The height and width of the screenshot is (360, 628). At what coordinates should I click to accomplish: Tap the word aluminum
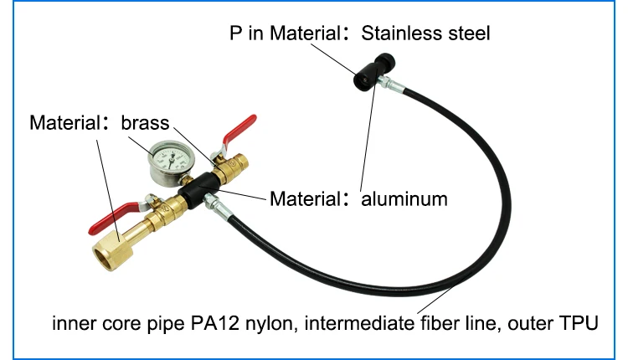tap(404, 199)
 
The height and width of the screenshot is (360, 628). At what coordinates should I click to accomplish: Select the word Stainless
tap(399, 33)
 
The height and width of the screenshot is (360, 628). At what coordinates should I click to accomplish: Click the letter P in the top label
tap(238, 33)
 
